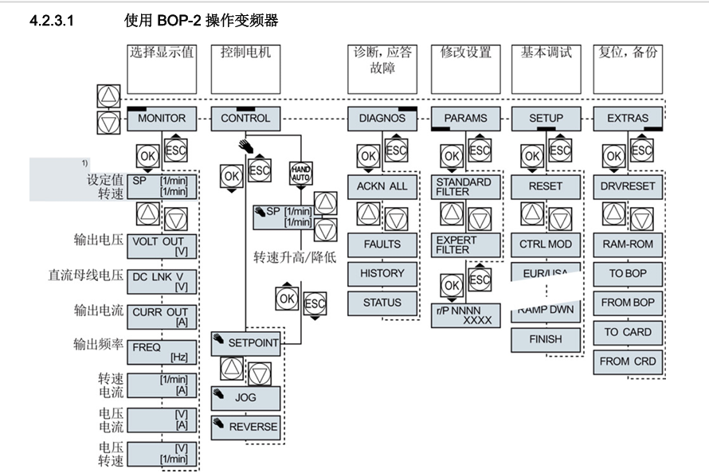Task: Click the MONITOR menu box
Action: pos(162,118)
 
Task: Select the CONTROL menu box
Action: pos(245,118)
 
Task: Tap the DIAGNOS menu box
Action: pos(382,118)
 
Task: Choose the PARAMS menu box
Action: pos(464,118)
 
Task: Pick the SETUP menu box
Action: pos(546,118)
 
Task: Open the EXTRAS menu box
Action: pos(628,118)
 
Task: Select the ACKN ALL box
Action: pos(382,186)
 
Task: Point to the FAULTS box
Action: pos(382,244)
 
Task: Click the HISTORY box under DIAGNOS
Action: pos(382,273)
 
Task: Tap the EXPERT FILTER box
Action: pos(464,244)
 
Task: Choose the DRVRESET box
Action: pos(628,186)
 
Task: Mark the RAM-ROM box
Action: pos(628,244)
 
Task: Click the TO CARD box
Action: pos(628,332)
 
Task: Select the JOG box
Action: pos(245,397)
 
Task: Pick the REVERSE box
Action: pos(245,427)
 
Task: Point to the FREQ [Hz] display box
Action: pos(162,352)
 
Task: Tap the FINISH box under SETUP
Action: pos(546,339)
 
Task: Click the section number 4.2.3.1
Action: pos(51,21)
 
